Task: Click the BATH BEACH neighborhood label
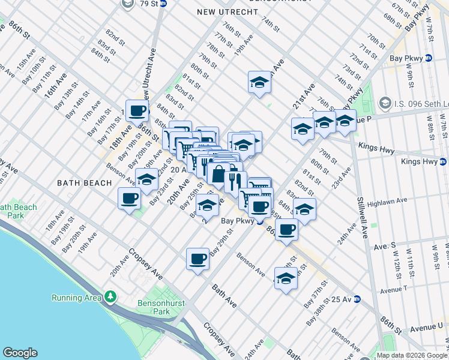click(84, 182)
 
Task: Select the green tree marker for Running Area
click(110, 297)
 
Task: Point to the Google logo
click(20, 353)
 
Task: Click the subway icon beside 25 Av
click(357, 298)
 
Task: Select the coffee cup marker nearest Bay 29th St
click(197, 259)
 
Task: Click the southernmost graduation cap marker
click(286, 278)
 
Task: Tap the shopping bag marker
click(218, 174)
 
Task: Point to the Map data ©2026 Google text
click(412, 355)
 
